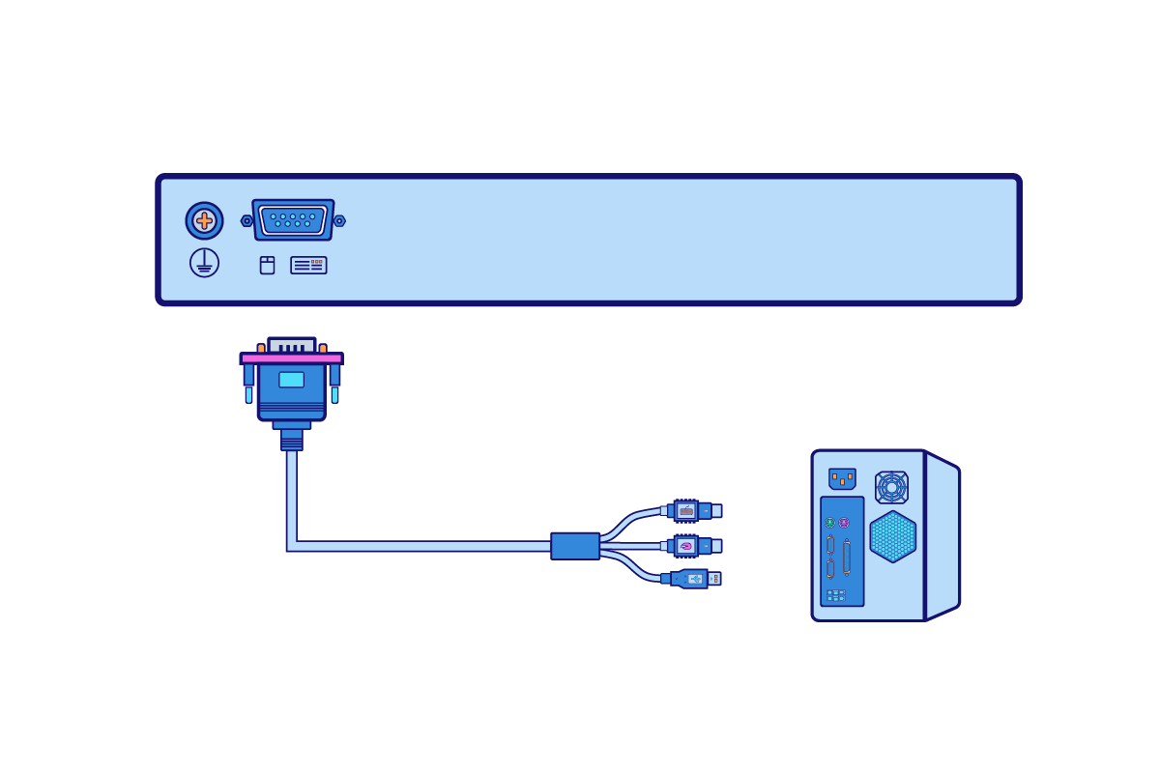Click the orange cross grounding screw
tap(204, 220)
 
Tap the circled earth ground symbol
tap(204, 262)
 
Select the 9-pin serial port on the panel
tap(293, 220)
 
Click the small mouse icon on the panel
tap(267, 265)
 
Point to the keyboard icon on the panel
tap(308, 265)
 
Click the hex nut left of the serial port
tap(246, 220)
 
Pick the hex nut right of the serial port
tap(339, 220)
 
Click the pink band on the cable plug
tap(291, 358)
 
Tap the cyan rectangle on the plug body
tap(291, 380)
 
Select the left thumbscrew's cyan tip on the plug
tap(248, 395)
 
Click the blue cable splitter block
tap(575, 546)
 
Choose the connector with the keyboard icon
tap(686, 510)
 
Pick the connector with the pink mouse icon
tap(686, 546)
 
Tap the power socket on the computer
tap(842, 478)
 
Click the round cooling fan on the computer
tap(891, 487)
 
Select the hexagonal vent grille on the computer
tap(892, 536)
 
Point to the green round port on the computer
tap(829, 523)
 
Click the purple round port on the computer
tap(844, 523)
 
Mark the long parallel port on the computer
tap(847, 558)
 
